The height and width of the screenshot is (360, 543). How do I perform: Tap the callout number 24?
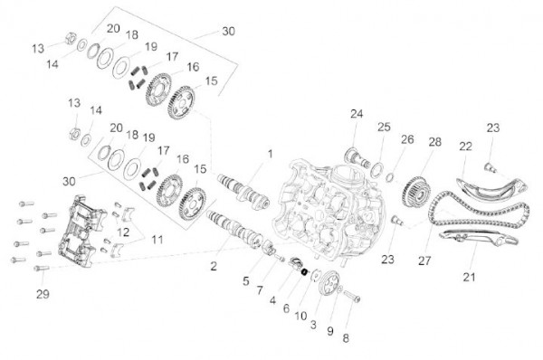pyautogui.click(x=356, y=114)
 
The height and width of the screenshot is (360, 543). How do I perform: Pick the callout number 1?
pyautogui.click(x=269, y=153)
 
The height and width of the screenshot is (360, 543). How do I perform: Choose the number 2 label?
pyautogui.click(x=214, y=266)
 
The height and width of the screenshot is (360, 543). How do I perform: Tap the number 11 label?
pyautogui.click(x=157, y=240)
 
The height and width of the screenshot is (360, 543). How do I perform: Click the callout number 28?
pyautogui.click(x=435, y=143)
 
